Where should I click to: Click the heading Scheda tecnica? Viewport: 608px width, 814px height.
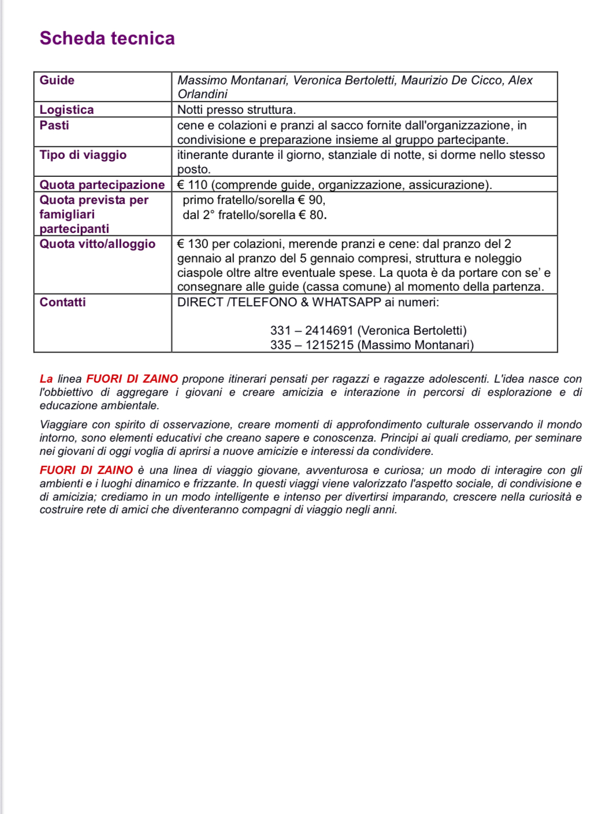[107, 38]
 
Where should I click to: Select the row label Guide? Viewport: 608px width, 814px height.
[57, 80]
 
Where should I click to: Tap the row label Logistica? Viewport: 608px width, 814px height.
[66, 110]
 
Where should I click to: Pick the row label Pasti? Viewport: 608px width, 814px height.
[54, 125]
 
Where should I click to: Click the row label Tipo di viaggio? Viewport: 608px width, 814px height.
[83, 155]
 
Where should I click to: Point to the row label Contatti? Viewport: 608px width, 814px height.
[62, 302]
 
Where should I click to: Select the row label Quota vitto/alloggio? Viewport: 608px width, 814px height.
[97, 244]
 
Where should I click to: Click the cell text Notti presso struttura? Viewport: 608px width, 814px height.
[236, 110]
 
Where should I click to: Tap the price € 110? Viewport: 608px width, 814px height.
[192, 185]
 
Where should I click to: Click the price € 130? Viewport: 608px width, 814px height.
[192, 244]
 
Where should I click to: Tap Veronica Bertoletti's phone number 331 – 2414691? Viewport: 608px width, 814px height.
[311, 331]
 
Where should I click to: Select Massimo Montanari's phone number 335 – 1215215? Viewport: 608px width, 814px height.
[311, 345]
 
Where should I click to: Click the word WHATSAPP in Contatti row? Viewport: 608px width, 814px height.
[346, 302]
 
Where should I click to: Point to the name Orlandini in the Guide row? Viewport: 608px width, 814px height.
[202, 94]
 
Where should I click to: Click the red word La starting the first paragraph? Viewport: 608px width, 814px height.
[46, 379]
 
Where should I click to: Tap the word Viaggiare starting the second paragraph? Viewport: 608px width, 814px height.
[62, 425]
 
